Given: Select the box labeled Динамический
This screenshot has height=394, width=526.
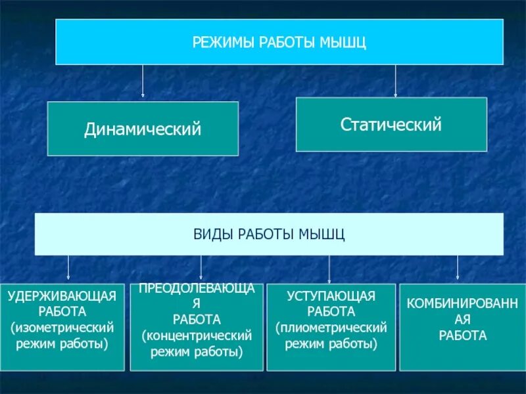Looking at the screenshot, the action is click(143, 129).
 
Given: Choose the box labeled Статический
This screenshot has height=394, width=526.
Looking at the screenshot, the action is click(391, 124).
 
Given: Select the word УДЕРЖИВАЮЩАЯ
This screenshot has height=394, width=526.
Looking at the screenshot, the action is click(62, 296).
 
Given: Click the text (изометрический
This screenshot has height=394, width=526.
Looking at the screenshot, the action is click(62, 327).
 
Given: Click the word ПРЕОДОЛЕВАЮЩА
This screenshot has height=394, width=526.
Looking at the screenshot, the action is click(197, 290).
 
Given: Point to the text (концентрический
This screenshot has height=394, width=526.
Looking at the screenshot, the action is click(197, 336).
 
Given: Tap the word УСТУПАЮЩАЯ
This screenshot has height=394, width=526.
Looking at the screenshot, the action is click(331, 296).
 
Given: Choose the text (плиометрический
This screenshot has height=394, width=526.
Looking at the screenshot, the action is click(331, 327).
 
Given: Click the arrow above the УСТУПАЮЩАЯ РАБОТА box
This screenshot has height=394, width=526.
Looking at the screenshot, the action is click(329, 269).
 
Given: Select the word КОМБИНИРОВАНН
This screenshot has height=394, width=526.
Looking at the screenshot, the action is click(462, 304).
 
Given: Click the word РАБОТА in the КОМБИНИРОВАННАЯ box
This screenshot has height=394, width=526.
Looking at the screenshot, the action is click(462, 336).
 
